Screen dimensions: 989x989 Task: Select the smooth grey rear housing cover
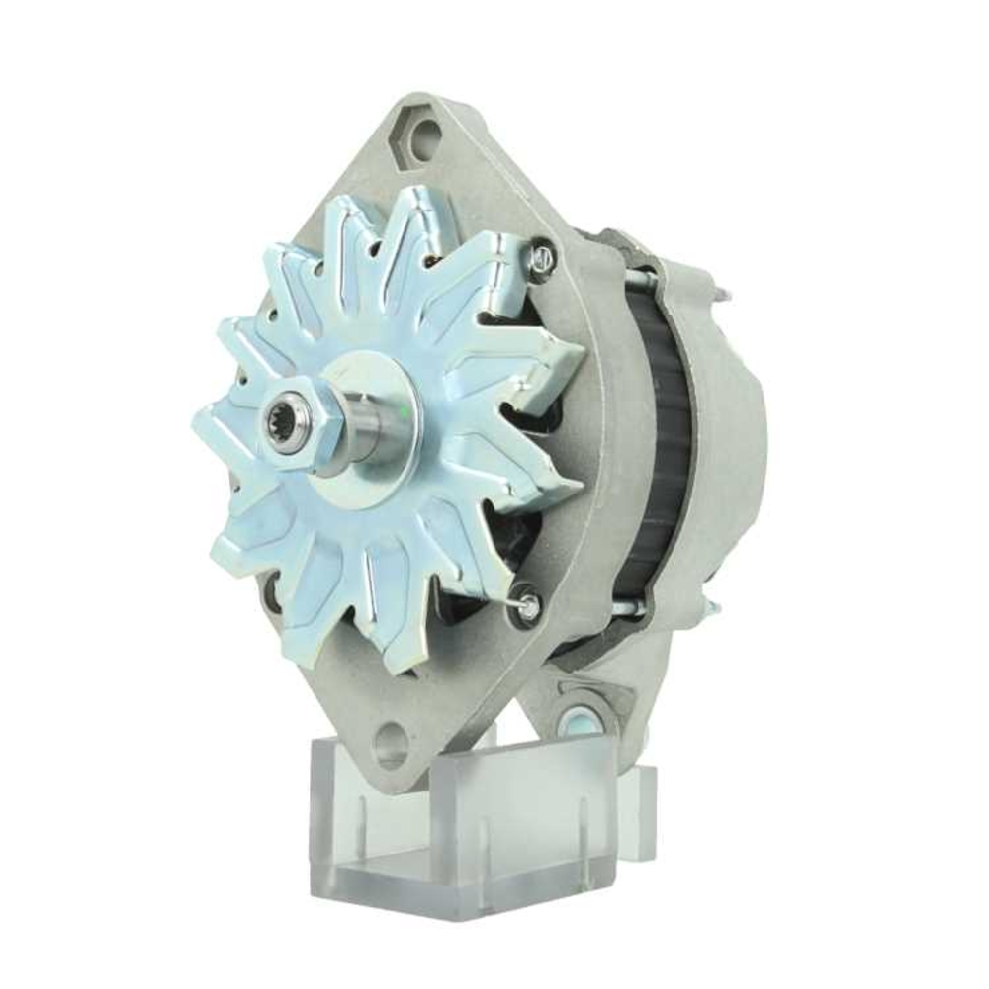tap(732, 445)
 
